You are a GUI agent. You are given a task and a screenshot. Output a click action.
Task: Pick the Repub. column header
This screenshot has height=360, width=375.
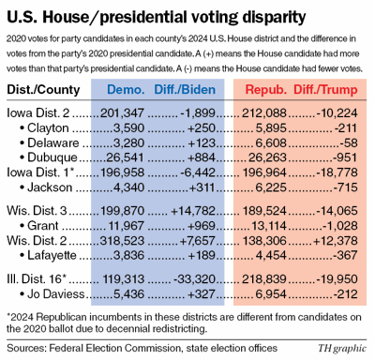pos(265,90)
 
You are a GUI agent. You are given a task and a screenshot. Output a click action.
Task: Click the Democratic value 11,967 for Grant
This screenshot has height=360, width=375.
pos(125,225)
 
